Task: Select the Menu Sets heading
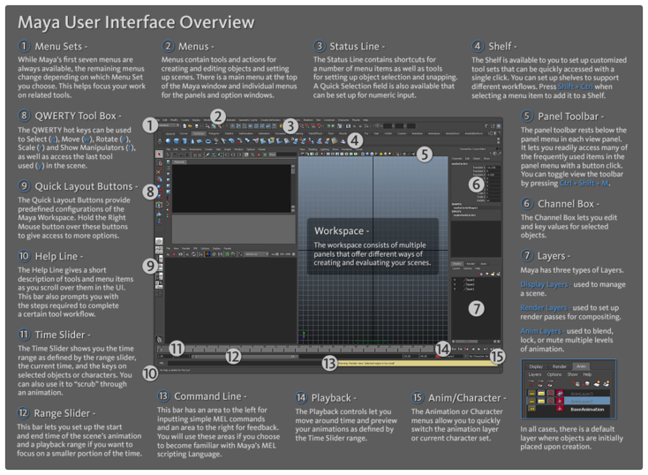[x=64, y=46]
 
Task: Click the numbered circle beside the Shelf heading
[x=477, y=46]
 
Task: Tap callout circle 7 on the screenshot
[x=475, y=308]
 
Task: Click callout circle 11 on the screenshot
[x=177, y=348]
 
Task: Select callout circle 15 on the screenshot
[x=497, y=356]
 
